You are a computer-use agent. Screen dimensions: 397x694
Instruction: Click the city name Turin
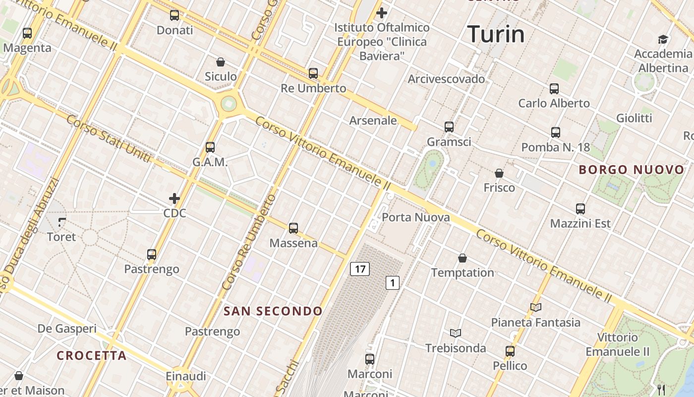(496, 34)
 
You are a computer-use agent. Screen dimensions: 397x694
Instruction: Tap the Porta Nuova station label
(416, 217)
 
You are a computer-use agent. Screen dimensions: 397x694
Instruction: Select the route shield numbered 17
(360, 269)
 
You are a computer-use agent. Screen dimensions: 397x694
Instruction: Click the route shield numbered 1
(393, 283)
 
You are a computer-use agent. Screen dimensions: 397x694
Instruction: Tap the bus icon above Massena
(293, 228)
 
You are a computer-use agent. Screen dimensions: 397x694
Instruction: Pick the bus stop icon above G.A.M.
(210, 147)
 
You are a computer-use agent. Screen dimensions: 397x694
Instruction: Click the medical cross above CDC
(174, 199)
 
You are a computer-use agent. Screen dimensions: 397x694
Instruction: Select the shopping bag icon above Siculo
(221, 62)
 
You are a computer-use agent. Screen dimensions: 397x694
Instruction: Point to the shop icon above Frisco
(499, 173)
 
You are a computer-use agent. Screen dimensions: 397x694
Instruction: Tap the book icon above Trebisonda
(456, 333)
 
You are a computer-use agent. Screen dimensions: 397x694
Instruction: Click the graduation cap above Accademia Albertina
(663, 40)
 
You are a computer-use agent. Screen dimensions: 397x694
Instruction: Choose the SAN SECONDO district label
(273, 311)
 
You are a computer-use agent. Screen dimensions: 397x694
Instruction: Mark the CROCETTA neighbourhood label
(92, 355)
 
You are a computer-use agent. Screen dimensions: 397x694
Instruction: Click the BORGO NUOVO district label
(632, 170)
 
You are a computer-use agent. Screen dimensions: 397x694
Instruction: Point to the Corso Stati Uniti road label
(108, 139)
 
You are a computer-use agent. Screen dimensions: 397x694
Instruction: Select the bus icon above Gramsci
(449, 127)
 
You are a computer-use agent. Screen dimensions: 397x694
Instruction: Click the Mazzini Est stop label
(580, 223)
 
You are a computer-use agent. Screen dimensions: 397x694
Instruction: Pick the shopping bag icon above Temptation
(463, 258)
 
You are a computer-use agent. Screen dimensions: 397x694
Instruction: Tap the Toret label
(61, 237)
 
